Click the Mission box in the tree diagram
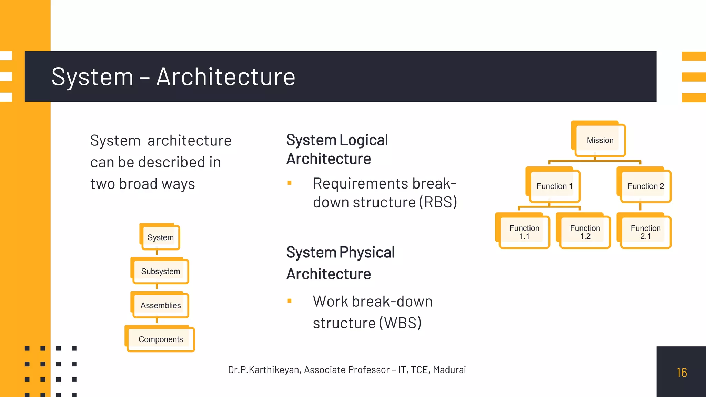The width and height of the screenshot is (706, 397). click(600, 140)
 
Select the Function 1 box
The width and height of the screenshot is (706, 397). click(554, 186)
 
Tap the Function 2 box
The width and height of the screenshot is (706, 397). click(645, 186)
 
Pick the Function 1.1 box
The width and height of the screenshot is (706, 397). click(524, 232)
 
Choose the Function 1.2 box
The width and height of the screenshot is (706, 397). click(585, 232)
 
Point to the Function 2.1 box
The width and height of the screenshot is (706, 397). click(645, 232)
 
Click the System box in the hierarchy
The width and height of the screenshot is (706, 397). click(161, 237)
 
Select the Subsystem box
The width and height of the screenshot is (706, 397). click(161, 272)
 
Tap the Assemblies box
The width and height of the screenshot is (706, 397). click(161, 305)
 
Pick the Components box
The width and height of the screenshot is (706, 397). click(161, 339)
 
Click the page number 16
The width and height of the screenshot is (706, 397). click(682, 373)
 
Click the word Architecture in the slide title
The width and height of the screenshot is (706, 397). click(226, 77)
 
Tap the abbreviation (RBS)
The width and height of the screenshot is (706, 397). click(438, 202)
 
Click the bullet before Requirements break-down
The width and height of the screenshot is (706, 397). click(289, 183)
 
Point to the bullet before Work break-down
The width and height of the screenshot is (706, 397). click(289, 301)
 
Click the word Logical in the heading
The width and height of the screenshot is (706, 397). click(364, 140)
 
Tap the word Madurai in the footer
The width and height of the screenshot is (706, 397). click(449, 370)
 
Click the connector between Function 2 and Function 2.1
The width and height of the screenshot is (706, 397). click(640, 207)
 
